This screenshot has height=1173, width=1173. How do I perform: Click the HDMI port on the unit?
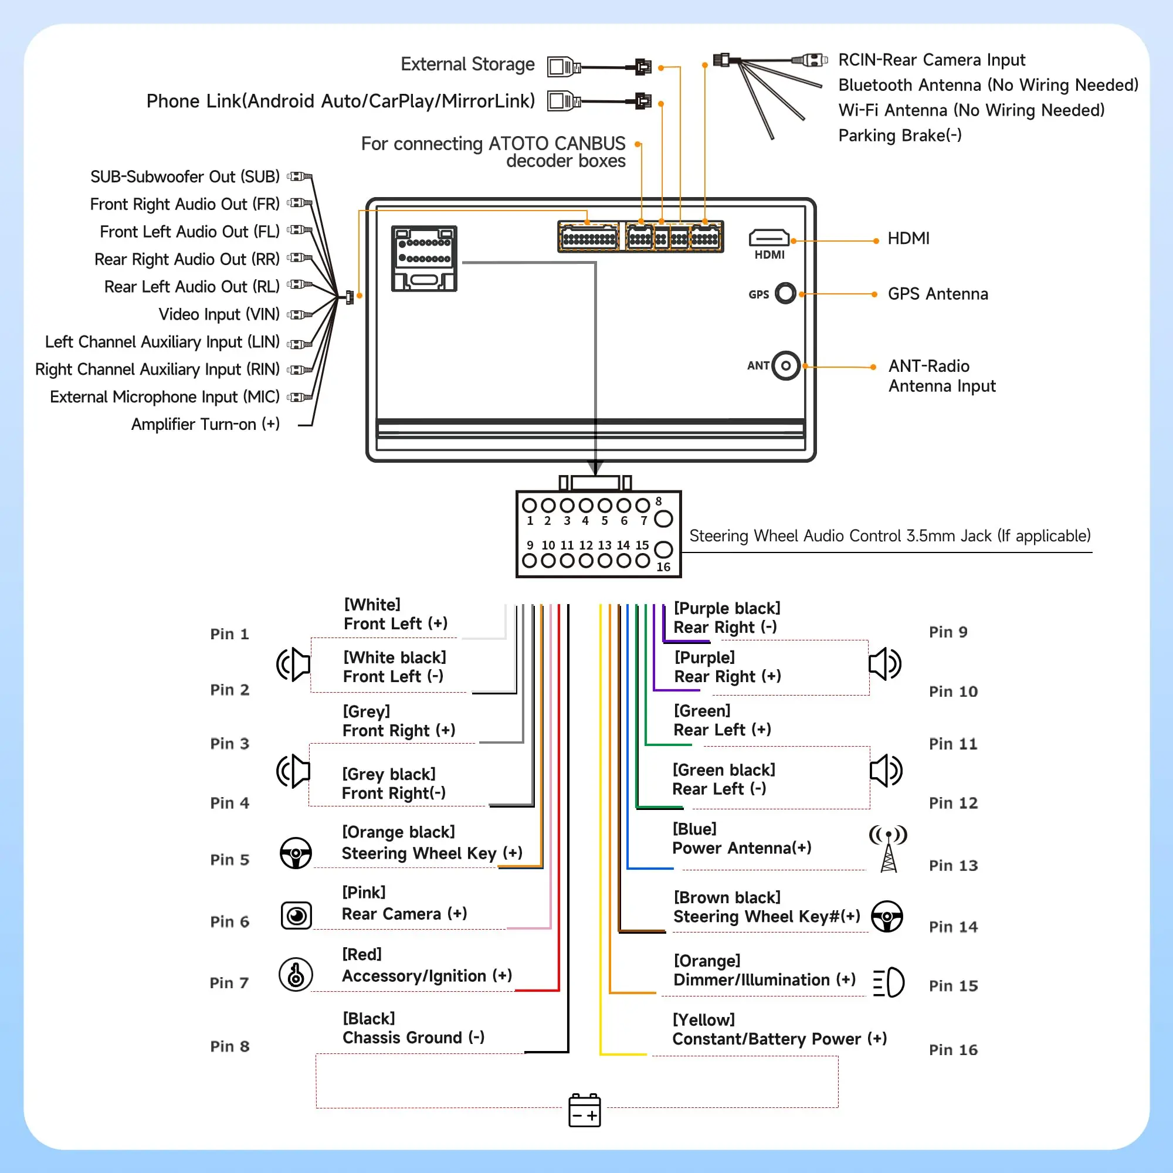769,238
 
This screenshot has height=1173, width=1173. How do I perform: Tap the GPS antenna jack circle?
785,293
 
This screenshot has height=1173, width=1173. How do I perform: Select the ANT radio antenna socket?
786,365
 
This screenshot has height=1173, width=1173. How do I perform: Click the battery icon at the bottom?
585,1110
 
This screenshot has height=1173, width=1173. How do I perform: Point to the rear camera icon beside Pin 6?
296,916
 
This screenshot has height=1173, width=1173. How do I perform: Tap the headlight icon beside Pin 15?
889,982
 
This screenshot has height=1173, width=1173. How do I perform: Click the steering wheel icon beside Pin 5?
296,853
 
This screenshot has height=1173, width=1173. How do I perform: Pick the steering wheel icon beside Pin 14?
887,916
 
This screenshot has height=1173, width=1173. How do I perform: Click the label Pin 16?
953,1050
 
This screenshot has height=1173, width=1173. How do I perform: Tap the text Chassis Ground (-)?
413,1038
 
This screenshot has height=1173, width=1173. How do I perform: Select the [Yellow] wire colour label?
704,1020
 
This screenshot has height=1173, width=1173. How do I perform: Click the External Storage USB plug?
564,66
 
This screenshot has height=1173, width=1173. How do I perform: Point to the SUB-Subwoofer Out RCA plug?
299,177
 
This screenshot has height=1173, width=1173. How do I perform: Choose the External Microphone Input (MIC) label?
165,397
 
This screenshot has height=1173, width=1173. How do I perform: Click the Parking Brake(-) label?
900,135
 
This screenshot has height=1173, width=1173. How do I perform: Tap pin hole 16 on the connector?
663,550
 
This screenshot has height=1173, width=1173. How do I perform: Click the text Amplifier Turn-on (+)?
205,425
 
